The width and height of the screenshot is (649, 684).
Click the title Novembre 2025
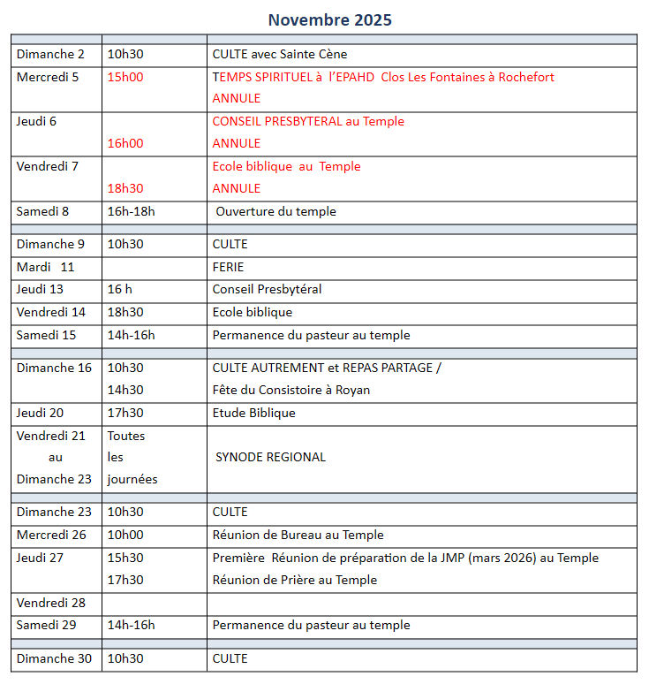(x=329, y=19)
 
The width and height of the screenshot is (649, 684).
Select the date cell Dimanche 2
(x=50, y=55)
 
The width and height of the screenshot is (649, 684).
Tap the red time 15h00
(x=125, y=77)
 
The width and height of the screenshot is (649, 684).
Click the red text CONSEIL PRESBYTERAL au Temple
(x=308, y=121)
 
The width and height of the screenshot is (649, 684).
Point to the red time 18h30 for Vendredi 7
(x=125, y=188)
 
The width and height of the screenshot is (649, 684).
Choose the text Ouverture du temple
(x=275, y=211)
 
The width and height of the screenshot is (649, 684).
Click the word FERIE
(x=228, y=267)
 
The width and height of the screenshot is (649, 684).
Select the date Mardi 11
(x=46, y=267)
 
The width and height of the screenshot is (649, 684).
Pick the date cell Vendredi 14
(x=51, y=312)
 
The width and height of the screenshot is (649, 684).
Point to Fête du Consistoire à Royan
(x=291, y=390)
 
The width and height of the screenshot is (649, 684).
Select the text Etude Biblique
(x=254, y=413)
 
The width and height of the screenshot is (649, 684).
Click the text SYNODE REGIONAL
(x=270, y=457)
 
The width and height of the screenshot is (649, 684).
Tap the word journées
(x=132, y=479)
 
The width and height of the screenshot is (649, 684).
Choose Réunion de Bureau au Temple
(x=298, y=535)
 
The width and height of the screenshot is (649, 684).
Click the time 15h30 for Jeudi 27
(x=125, y=558)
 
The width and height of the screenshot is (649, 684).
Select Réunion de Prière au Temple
(x=295, y=580)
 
